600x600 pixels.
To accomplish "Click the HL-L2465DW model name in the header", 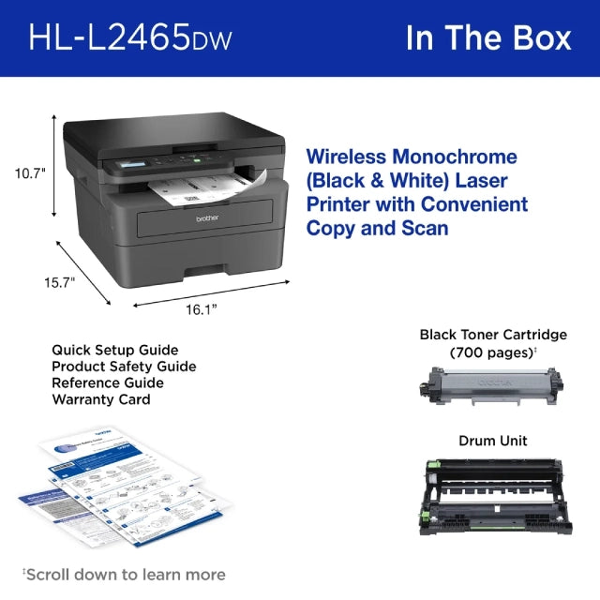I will pos(129,38).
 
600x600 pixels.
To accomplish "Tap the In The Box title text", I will pos(487,37).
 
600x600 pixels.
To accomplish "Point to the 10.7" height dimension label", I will pos(30,172).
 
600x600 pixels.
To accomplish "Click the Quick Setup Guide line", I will pos(114,351).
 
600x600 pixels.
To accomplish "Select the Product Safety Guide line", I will pos(124,367).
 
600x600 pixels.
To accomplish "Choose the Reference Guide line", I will pos(108,382).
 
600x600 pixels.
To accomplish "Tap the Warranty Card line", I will pos(101,398).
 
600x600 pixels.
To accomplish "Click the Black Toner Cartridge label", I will pos(493,335).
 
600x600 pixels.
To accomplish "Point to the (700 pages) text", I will pos(491,352).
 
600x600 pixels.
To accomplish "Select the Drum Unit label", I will pos(492,441).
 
